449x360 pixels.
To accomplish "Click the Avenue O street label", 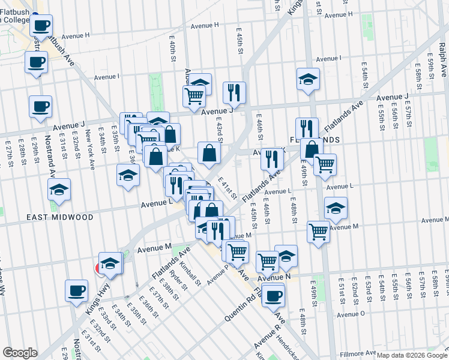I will tap(351, 314).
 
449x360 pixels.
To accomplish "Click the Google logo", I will tap(20, 353).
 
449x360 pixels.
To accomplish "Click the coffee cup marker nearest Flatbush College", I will tap(41, 26).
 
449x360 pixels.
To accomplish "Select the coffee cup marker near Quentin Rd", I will tap(274, 295).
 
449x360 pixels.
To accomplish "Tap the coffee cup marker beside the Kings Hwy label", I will tap(76, 291).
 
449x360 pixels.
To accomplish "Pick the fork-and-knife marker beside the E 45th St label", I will tap(234, 92).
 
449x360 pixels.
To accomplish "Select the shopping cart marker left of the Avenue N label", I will tap(267, 261).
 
